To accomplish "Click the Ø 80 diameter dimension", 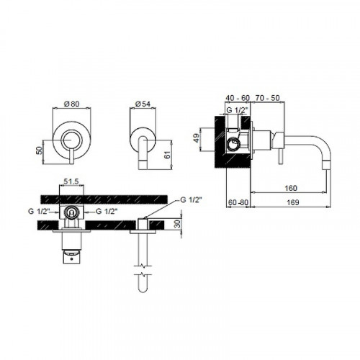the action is pyautogui.click(x=71, y=104).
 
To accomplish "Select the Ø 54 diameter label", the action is pyautogui.click(x=143, y=104).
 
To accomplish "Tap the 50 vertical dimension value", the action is pyautogui.click(x=39, y=150).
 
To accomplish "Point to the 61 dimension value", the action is pyautogui.click(x=168, y=155).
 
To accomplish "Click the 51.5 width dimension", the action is pyautogui.click(x=71, y=181).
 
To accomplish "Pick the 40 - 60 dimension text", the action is pyautogui.click(x=238, y=98).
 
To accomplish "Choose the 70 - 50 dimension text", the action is pyautogui.click(x=268, y=98).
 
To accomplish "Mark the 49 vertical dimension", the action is pyautogui.click(x=197, y=138).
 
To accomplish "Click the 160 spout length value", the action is pyautogui.click(x=291, y=188).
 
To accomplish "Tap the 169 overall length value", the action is pyautogui.click(x=293, y=202).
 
